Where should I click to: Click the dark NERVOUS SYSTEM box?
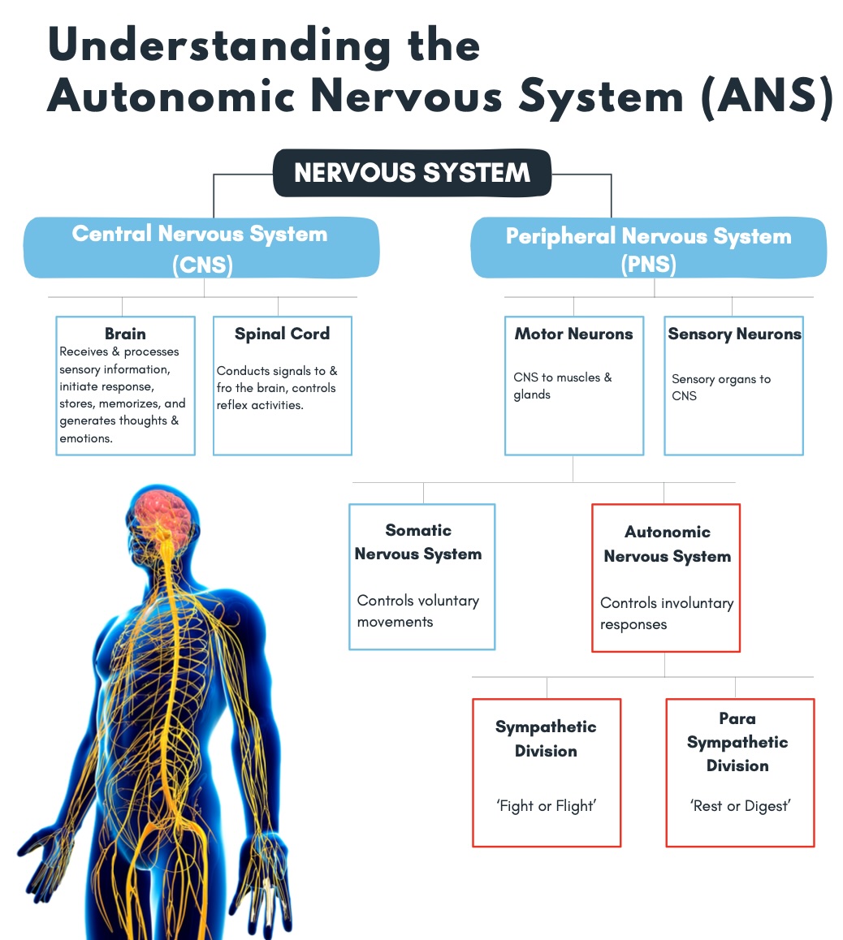(412, 173)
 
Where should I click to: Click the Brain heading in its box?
(125, 334)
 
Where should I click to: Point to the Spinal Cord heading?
(282, 334)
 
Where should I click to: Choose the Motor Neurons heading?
(573, 334)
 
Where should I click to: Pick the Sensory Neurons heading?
(734, 334)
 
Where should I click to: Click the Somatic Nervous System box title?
(418, 542)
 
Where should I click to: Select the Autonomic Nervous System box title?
(667, 544)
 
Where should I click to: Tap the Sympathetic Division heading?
(546, 739)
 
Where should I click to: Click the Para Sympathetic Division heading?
(737, 742)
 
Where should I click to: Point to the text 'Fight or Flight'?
(546, 806)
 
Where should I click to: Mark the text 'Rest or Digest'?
(740, 806)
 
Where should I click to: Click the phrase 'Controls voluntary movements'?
(417, 611)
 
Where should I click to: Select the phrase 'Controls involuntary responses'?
(666, 614)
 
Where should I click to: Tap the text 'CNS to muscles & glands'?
(562, 386)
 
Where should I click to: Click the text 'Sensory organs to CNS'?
(720, 387)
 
